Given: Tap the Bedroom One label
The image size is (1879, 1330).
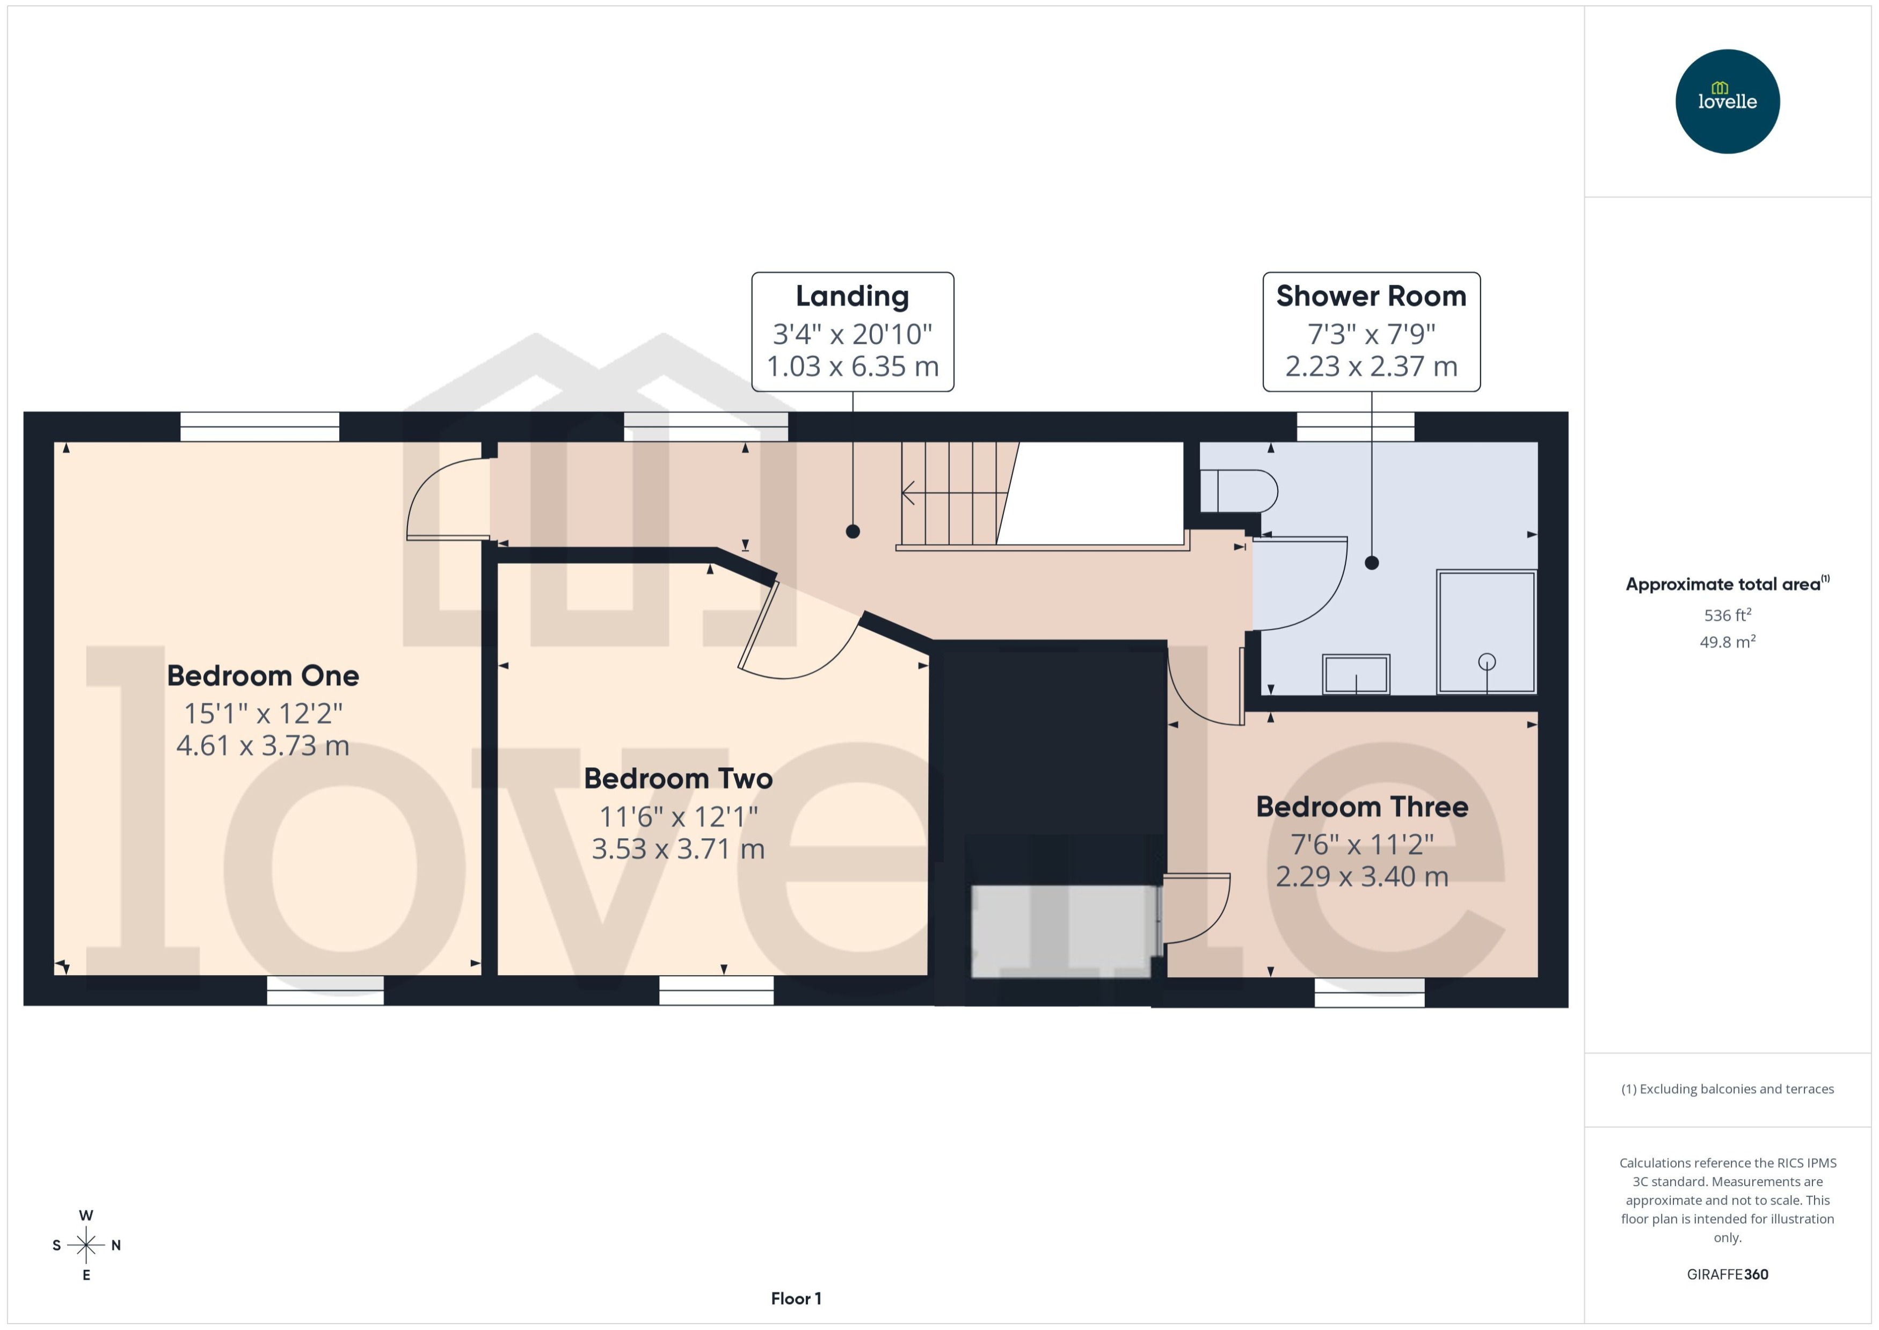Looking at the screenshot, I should pos(263,675).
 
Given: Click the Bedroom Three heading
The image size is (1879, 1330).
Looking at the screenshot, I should pos(1361,806).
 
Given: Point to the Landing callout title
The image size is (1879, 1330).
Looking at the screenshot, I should pos(853,296).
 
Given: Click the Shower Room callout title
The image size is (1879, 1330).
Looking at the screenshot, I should pos(1371,296).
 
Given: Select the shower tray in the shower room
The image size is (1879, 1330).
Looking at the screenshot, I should pos(1486,631).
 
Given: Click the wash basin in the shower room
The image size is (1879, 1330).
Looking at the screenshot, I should pos(1356,674).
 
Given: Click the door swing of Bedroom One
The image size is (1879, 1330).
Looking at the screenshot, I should pos(446,499).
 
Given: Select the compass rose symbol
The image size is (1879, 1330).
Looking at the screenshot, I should pos(86,1245).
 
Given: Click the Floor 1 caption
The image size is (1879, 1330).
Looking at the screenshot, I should pos(796,1298).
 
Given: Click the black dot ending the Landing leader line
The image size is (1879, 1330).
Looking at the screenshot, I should pos(853,532).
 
